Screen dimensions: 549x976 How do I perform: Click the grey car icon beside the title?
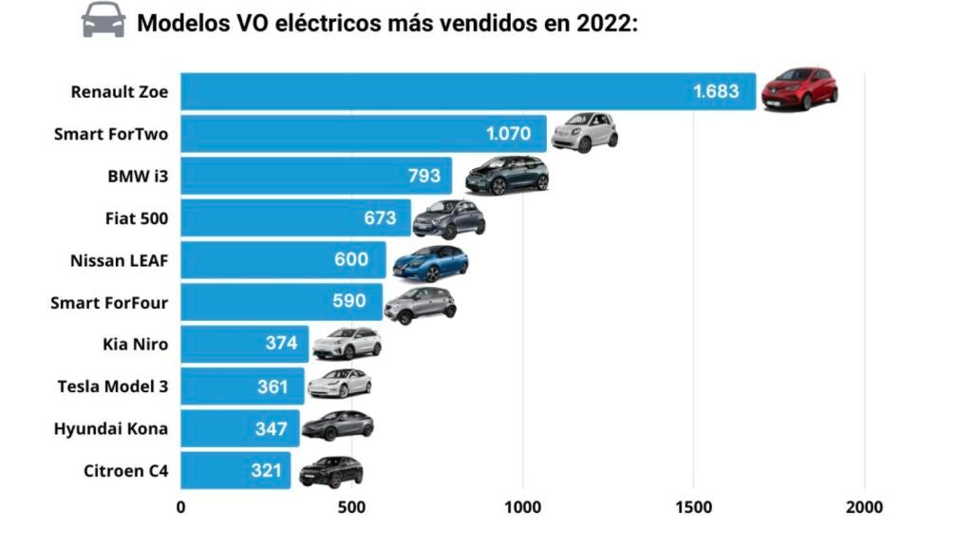coord(103,20)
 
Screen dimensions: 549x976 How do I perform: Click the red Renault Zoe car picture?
coord(799,88)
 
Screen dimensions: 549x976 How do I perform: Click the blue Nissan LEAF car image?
coord(430,262)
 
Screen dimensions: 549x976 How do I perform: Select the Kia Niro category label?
coord(135,344)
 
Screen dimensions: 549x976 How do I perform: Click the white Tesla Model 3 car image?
coord(340,383)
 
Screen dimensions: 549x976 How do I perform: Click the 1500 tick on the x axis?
coord(694,507)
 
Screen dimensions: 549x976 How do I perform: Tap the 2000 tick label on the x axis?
coord(864,507)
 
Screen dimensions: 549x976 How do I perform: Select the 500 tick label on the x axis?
coord(352,507)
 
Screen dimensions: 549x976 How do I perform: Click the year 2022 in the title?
coord(604,23)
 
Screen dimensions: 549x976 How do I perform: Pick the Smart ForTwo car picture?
coord(584,131)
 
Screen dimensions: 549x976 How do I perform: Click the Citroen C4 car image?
coord(330,471)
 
